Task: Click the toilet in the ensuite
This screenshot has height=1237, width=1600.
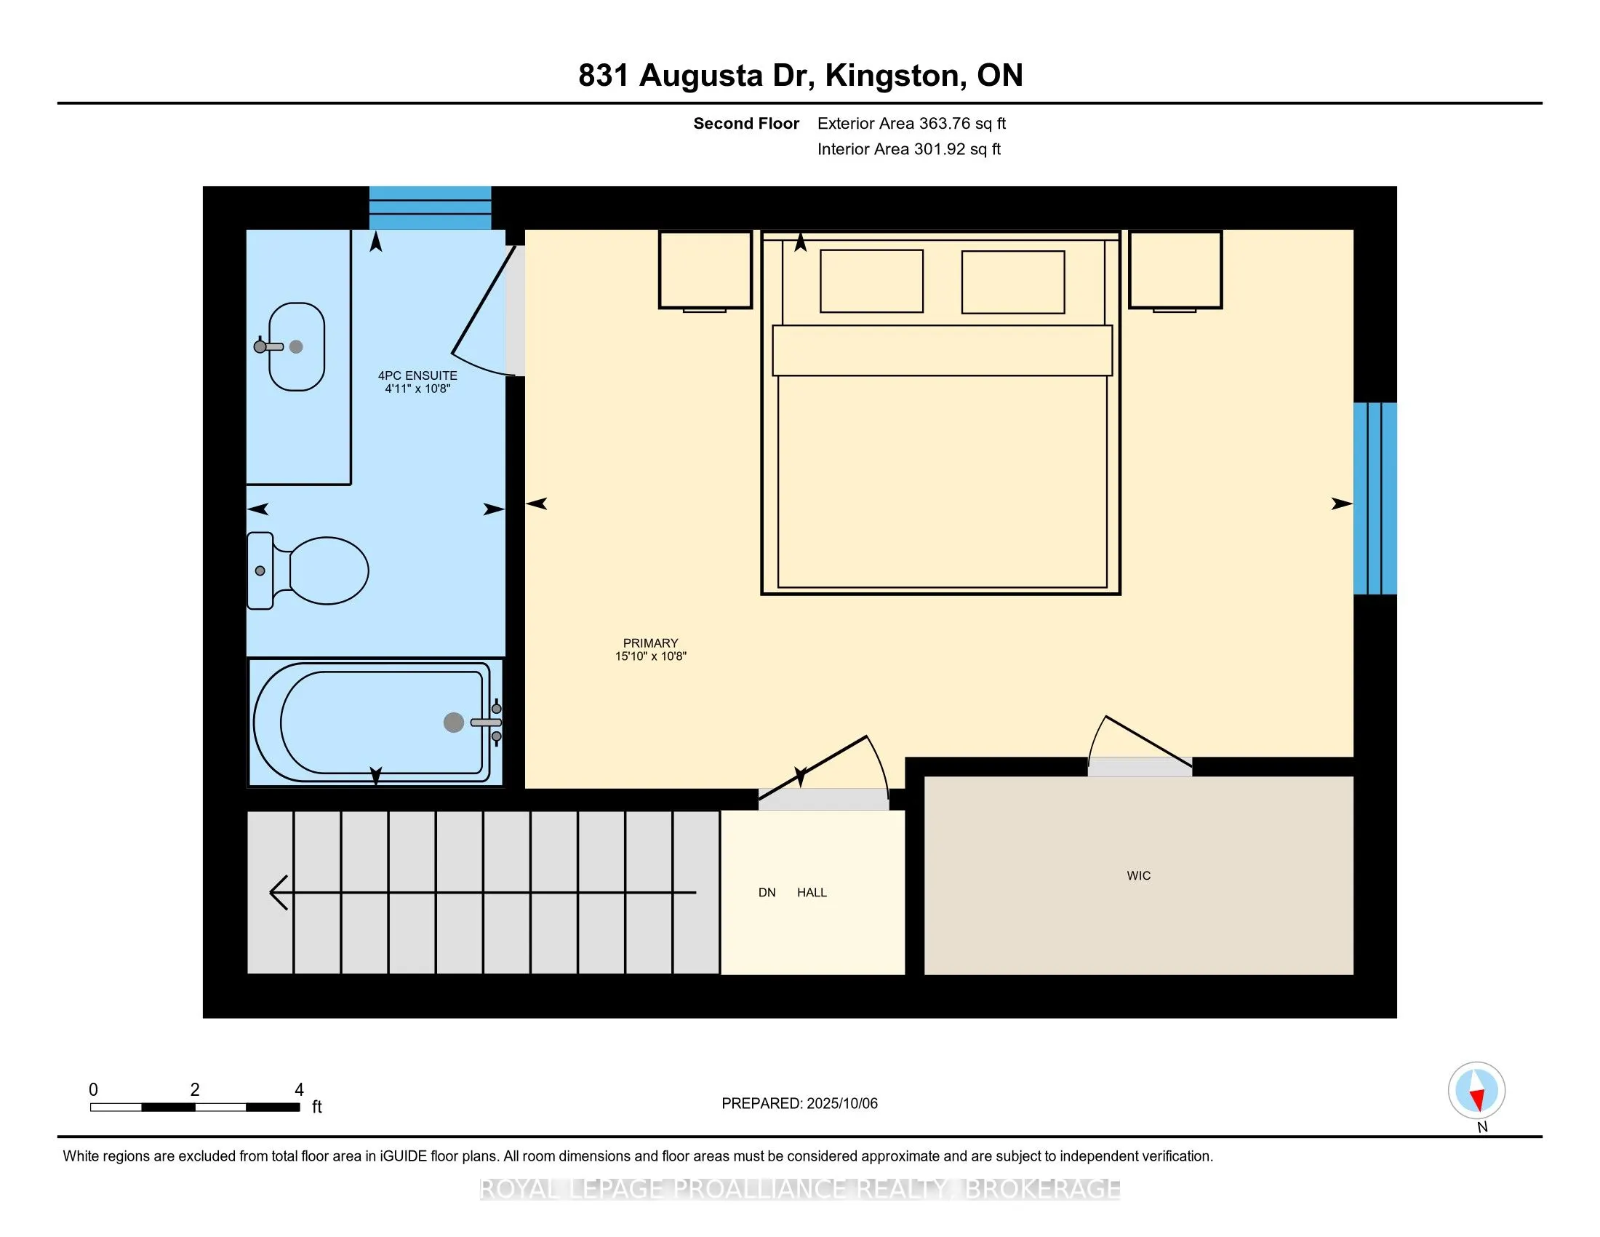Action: coord(308,571)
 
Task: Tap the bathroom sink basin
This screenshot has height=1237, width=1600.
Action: coord(297,346)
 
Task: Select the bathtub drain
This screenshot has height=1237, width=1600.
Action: coord(454,723)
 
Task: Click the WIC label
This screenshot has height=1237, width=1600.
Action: coord(1138,875)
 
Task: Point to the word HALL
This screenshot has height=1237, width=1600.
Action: coord(812,893)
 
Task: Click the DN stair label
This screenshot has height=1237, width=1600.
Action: coord(767,893)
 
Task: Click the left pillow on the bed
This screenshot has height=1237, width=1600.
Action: coord(872,282)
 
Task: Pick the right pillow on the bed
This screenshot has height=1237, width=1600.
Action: coord(1013,282)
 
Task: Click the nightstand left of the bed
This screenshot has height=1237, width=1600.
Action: coord(705,271)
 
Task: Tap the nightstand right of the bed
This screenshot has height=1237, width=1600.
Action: coord(1175,271)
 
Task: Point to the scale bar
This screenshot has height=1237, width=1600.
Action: coord(195,1107)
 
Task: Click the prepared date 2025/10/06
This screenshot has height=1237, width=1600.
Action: coord(841,1104)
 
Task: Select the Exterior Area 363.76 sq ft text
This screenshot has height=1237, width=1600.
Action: coord(911,124)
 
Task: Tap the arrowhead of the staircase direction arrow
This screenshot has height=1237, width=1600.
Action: coord(279,893)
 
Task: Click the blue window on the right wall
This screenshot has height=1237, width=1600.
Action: coord(1375,498)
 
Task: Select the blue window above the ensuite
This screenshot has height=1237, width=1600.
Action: coord(430,208)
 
